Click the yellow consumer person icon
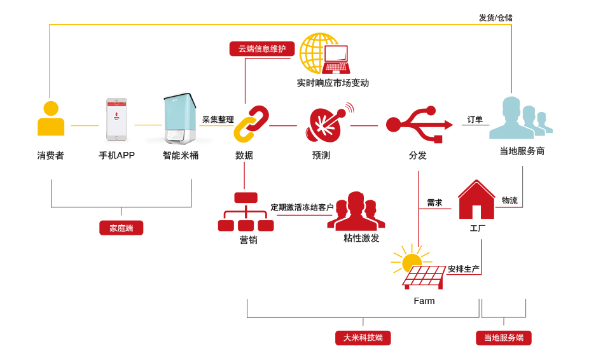coord(51,118)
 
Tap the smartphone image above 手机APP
coord(116,120)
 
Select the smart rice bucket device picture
coord(180,119)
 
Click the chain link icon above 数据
coord(251,124)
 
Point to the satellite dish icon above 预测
coord(329,123)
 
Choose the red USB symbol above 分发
coord(419,125)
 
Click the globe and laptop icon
coord(325,53)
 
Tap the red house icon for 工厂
coord(476,200)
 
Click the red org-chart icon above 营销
coord(246,212)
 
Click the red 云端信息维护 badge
coord(262,49)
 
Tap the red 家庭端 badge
coord(121,228)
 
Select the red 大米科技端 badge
coord(363,338)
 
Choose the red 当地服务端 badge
coord(504,338)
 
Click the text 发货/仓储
coord(495,18)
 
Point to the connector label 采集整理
coord(218,120)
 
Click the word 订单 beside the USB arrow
coord(475,120)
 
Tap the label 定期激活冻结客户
coord(302,207)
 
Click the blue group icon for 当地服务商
coord(521,118)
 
